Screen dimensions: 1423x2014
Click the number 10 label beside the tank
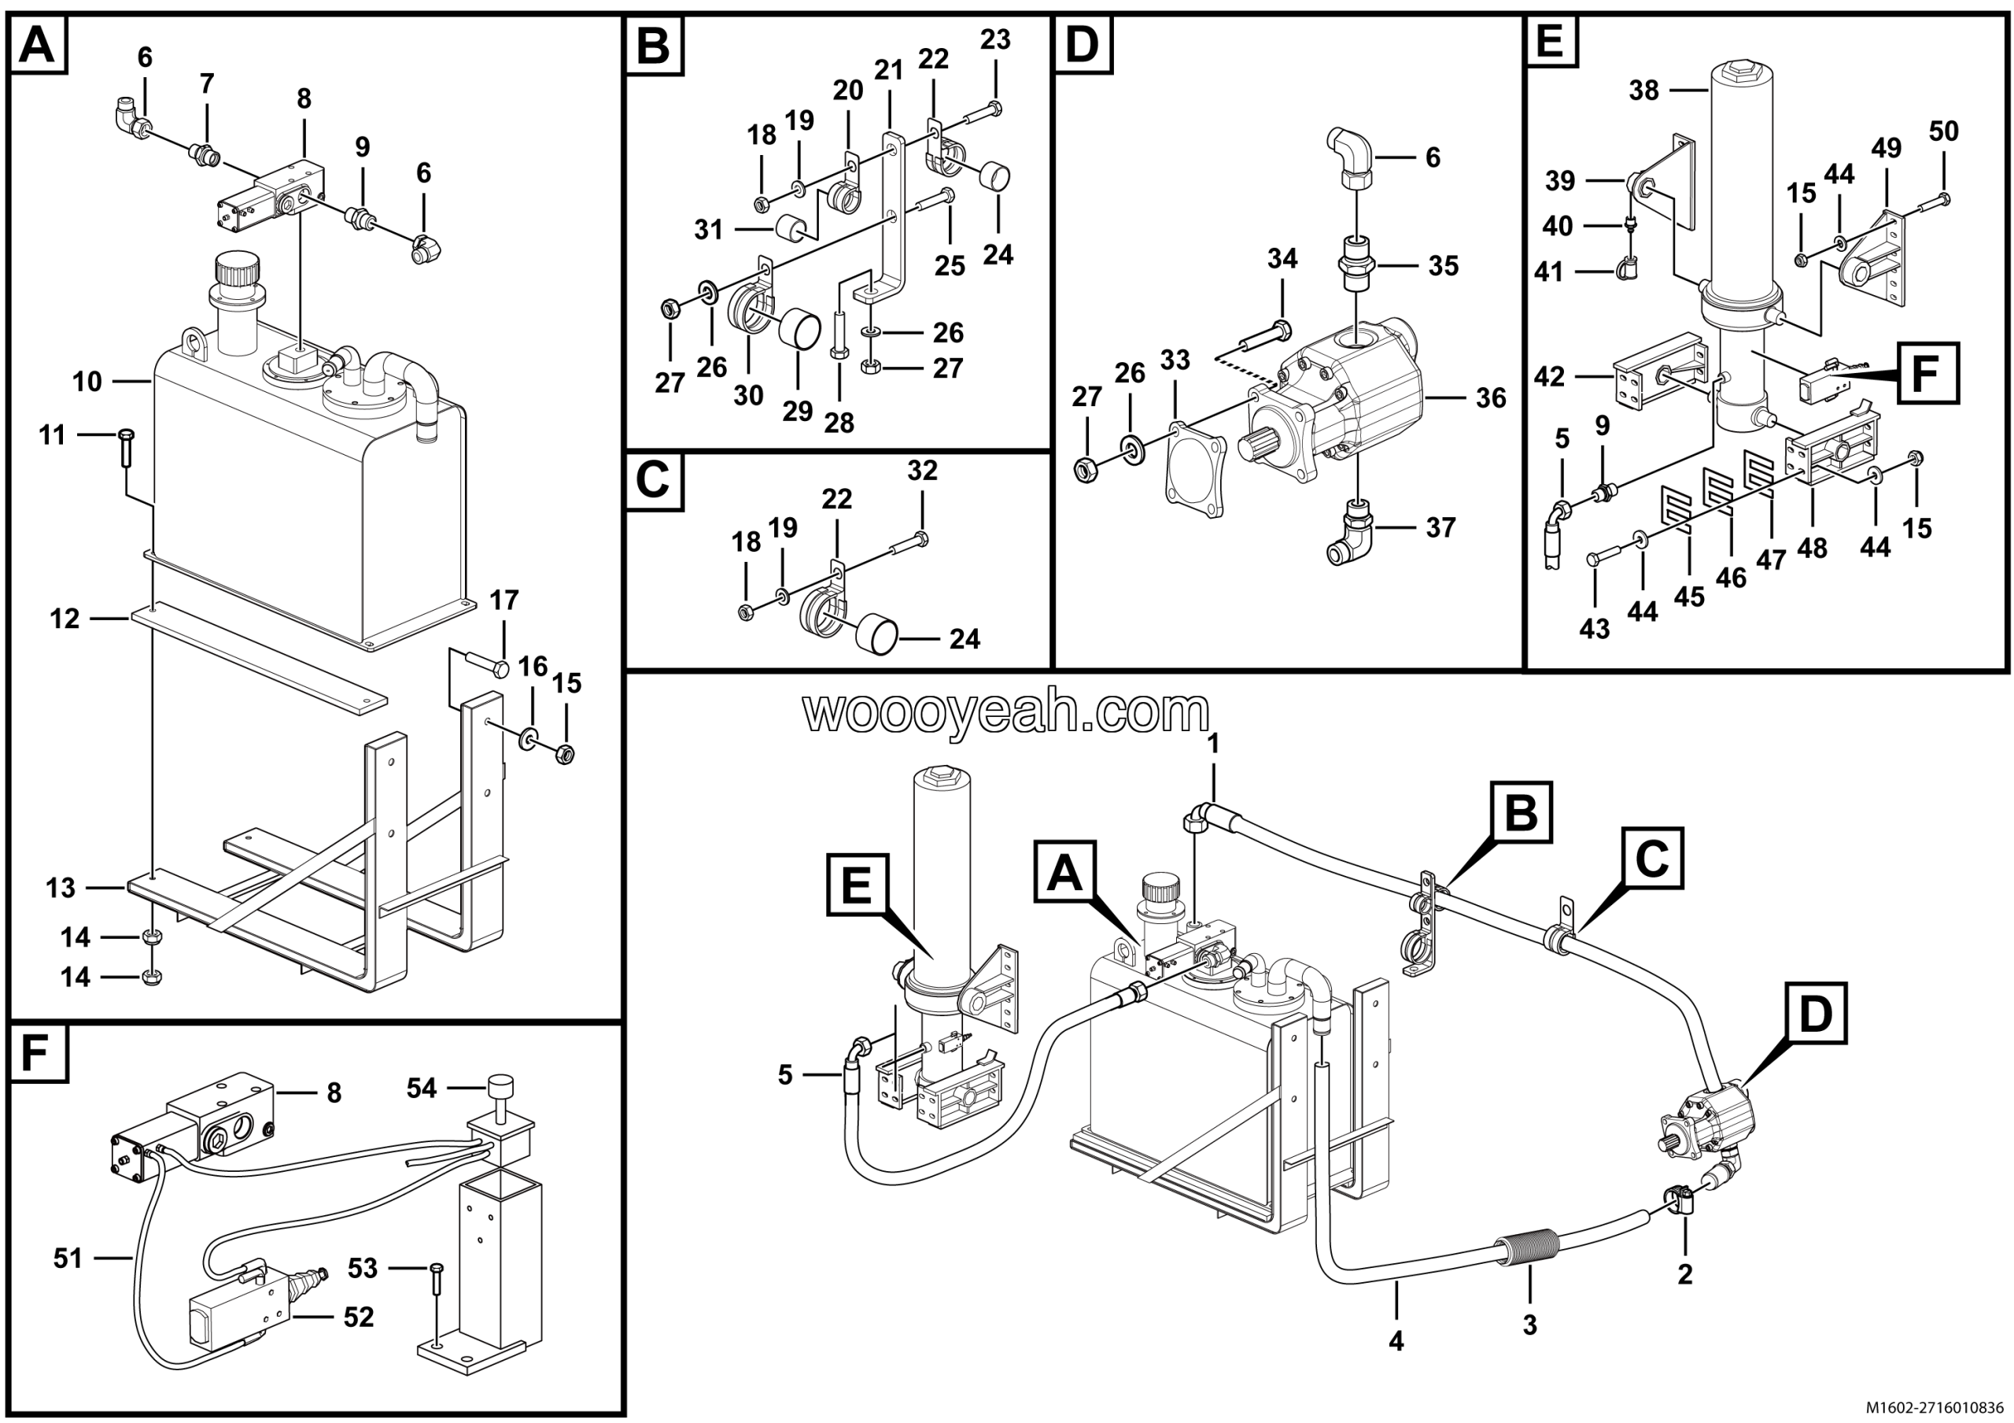click(x=87, y=382)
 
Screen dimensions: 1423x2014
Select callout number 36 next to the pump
click(x=1490, y=398)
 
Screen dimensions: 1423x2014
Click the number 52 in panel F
click(x=359, y=1317)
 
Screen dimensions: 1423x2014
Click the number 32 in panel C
click(x=922, y=471)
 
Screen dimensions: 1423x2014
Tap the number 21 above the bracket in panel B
click(x=888, y=70)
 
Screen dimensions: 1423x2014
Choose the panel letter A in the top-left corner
click(x=37, y=45)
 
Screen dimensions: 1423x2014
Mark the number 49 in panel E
click(x=1886, y=148)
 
